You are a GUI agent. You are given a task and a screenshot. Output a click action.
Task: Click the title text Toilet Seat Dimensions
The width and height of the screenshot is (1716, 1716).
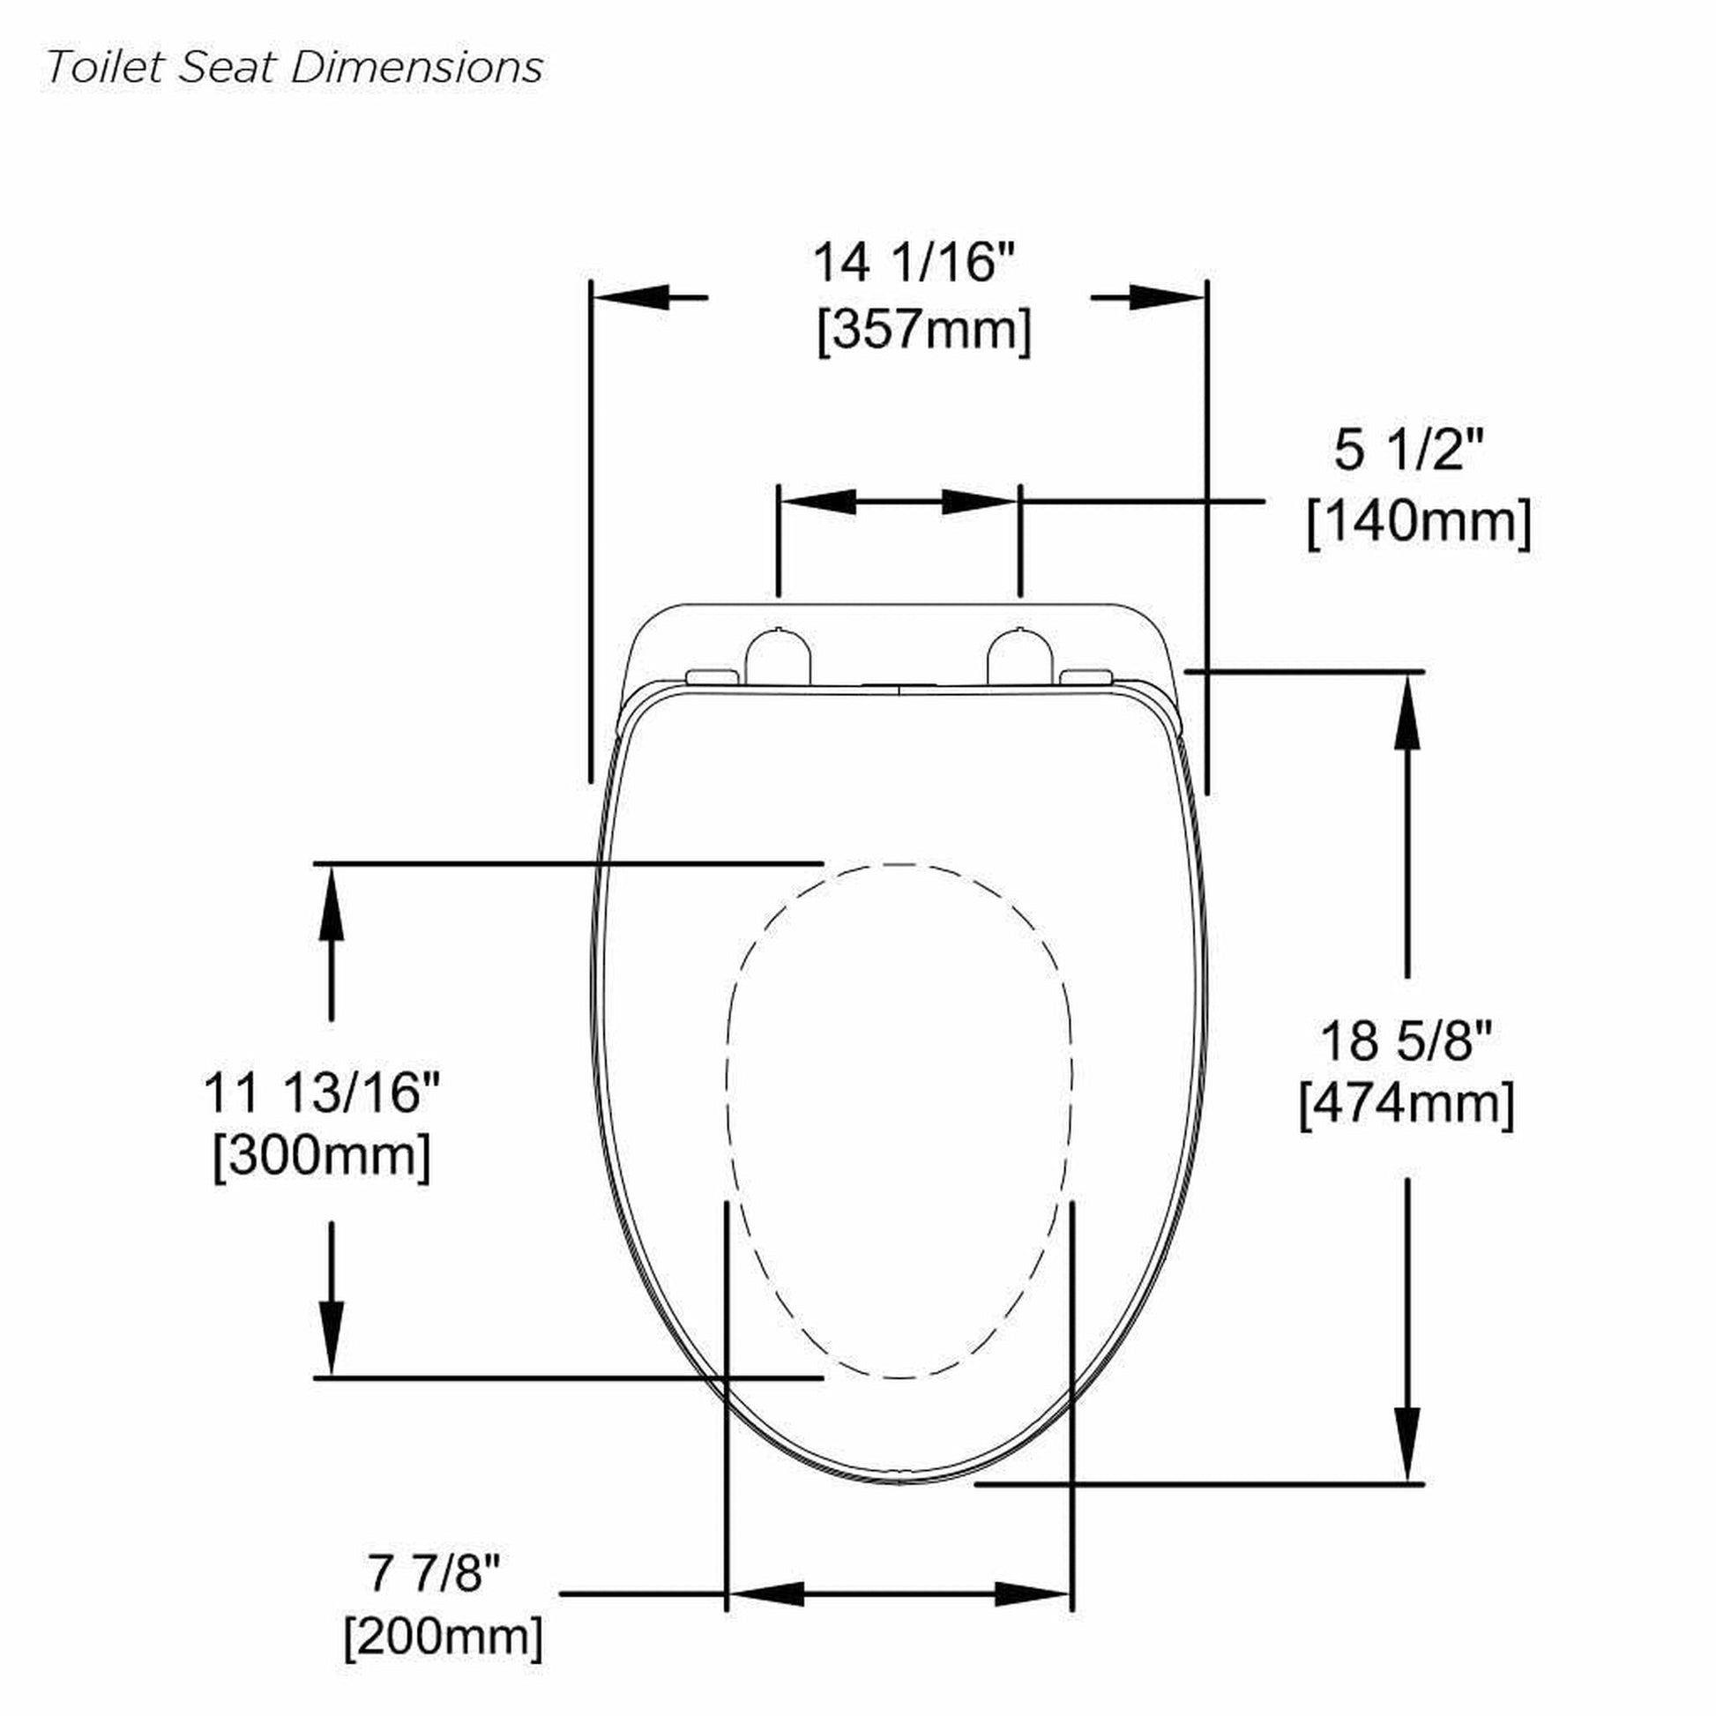(x=294, y=68)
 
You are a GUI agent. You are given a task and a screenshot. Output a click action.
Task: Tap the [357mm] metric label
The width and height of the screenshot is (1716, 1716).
(x=924, y=331)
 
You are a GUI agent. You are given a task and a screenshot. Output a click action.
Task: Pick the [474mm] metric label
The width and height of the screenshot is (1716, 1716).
(x=1406, y=1104)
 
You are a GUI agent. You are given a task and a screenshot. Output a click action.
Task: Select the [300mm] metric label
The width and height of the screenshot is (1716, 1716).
(x=322, y=1155)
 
